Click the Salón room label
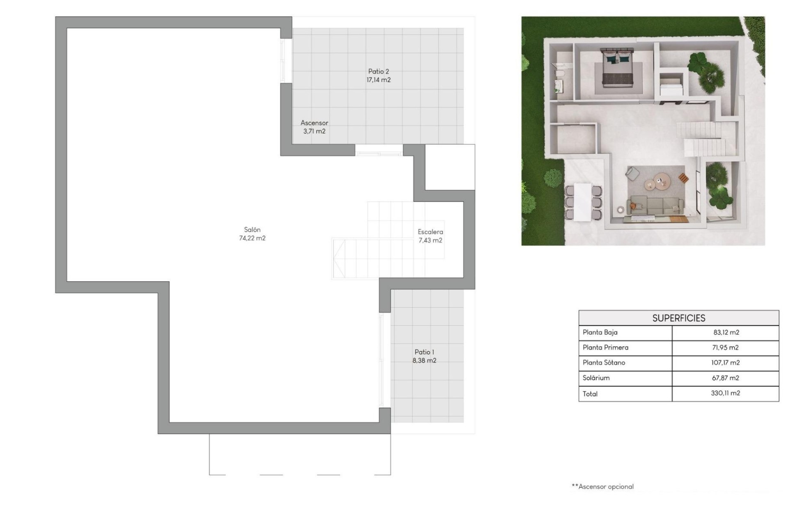pos(252,230)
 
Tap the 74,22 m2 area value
pos(252,238)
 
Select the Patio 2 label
pos(378,71)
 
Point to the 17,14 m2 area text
pos(378,80)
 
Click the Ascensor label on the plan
pos(314,123)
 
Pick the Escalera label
pos(430,232)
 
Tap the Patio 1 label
pos(424,352)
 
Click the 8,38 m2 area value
pos(424,361)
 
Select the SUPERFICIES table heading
pos(678,318)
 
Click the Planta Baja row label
pos(600,332)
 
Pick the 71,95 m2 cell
pos(725,347)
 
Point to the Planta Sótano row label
pos(604,363)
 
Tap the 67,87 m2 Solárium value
pos(725,378)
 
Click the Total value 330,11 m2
pos(725,393)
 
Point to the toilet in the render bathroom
pos(559,74)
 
